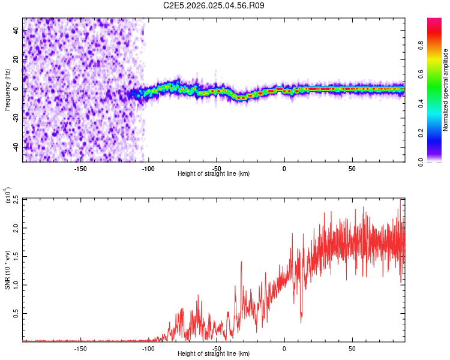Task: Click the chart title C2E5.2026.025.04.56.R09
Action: click(214, 6)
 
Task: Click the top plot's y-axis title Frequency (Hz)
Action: click(7, 89)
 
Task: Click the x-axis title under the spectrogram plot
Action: click(214, 173)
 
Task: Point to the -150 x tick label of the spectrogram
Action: click(80, 168)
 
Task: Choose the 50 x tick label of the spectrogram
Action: click(352, 168)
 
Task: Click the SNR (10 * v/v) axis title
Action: click(7, 269)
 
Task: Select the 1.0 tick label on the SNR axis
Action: click(16, 285)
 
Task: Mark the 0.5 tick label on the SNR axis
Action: click(16, 314)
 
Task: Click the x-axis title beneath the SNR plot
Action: click(214, 353)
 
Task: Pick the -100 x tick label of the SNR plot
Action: click(148, 348)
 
